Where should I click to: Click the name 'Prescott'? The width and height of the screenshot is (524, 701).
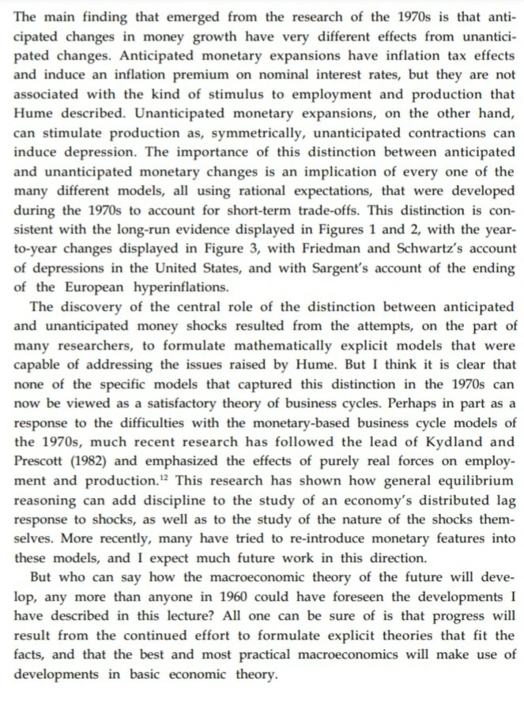tap(41, 463)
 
